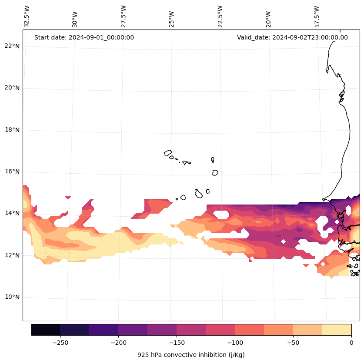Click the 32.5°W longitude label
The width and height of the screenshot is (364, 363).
tap(27, 17)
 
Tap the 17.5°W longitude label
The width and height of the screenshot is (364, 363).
tap(317, 17)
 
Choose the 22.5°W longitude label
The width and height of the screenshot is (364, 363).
tap(220, 17)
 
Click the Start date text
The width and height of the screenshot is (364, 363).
tap(84, 37)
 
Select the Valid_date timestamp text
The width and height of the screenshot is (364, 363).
tap(292, 37)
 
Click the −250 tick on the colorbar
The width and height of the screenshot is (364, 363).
tap(60, 343)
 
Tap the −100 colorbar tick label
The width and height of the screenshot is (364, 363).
tap(235, 343)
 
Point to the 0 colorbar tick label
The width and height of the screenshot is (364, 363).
tap(351, 343)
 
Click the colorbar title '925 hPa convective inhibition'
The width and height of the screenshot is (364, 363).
tap(191, 355)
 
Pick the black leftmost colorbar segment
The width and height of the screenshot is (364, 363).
tap(46, 330)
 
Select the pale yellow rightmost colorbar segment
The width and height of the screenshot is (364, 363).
tap(337, 330)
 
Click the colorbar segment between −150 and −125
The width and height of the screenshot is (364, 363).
tap(191, 330)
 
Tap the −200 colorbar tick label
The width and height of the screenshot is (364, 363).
tap(118, 343)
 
